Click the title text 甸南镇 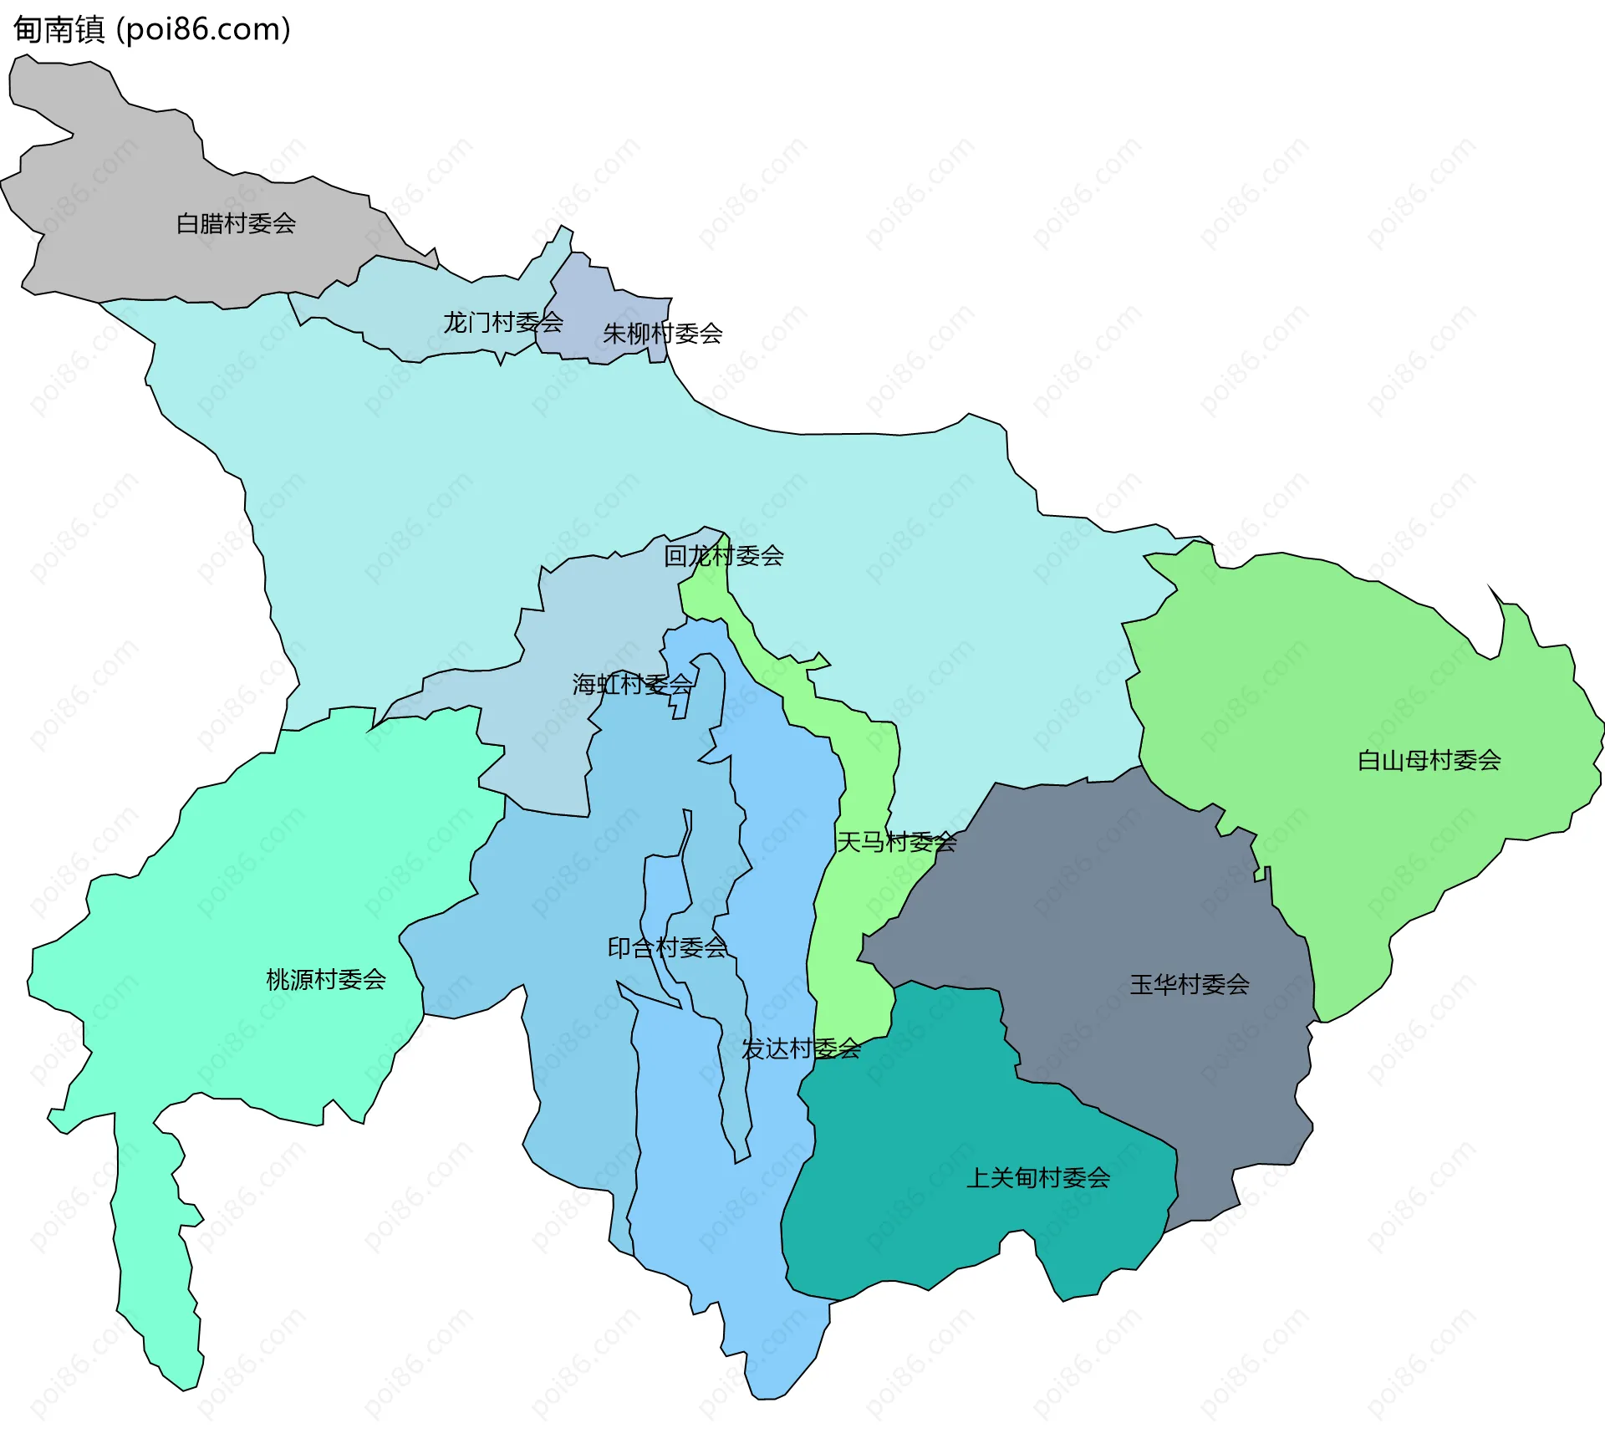[x=59, y=30]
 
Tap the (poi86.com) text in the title [x=203, y=30]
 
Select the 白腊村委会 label [x=236, y=223]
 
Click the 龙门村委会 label [x=502, y=322]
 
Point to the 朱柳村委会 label [x=662, y=334]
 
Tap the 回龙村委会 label [x=723, y=555]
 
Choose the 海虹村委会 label [x=632, y=684]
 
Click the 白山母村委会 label [x=1429, y=760]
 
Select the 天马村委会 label [x=896, y=841]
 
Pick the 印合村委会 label [x=667, y=947]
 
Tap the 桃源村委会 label [x=325, y=979]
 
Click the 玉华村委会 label [x=1189, y=984]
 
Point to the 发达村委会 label [x=801, y=1048]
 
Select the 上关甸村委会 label [x=1037, y=1178]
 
